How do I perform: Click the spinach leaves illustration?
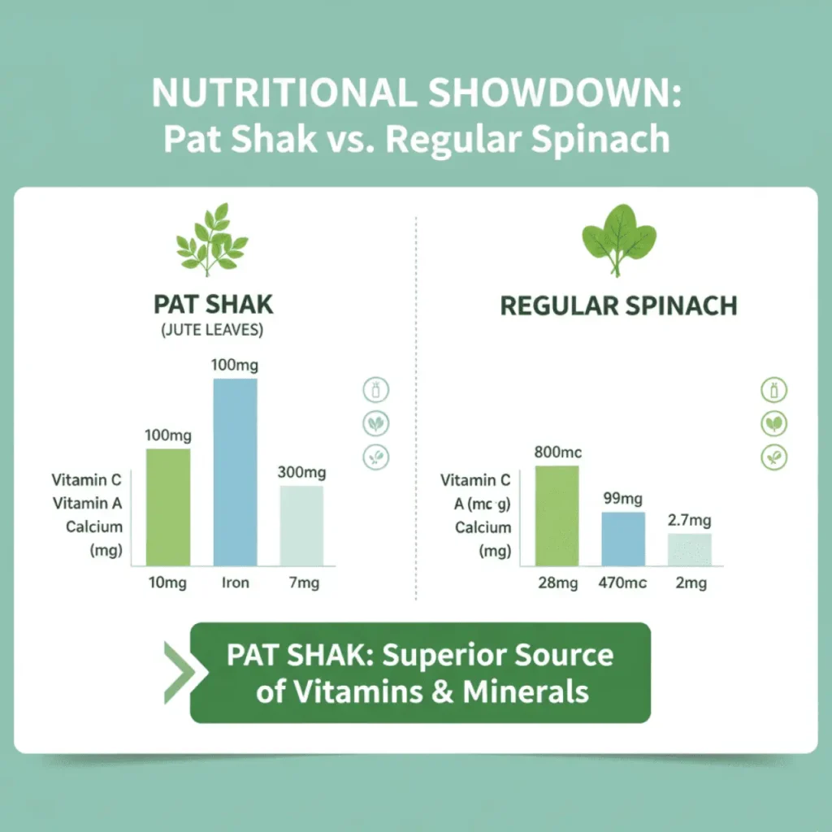618,238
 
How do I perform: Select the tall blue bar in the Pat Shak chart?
235,471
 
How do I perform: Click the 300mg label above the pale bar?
301,472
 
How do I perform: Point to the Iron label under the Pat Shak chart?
235,583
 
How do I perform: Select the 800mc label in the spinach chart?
557,453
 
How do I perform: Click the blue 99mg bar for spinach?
623,539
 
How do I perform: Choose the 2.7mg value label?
690,520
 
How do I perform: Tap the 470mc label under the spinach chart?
623,583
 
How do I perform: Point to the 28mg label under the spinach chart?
557,583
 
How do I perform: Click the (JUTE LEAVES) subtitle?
213,331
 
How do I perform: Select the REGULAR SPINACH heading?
618,305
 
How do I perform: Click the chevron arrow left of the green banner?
176,672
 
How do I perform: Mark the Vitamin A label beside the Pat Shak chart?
88,504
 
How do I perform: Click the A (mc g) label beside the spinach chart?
482,504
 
